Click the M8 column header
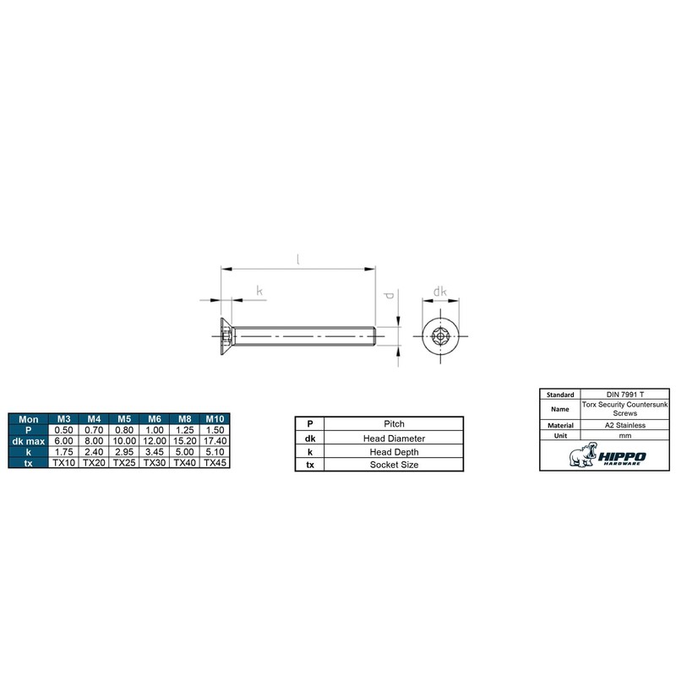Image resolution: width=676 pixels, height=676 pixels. coord(184,419)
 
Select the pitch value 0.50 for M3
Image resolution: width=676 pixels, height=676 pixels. coord(64,430)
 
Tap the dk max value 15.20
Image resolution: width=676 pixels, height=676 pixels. coord(184,441)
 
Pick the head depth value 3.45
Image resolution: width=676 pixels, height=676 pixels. coord(155,452)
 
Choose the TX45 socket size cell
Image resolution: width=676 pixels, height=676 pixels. coord(215,463)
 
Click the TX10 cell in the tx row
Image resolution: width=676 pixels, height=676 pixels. coord(64,463)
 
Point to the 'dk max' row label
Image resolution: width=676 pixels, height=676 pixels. coord(29,441)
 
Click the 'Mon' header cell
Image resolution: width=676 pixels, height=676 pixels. coord(29,419)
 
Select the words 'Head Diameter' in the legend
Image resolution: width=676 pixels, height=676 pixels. coord(394,439)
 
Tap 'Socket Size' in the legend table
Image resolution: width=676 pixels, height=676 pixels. coord(394,465)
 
